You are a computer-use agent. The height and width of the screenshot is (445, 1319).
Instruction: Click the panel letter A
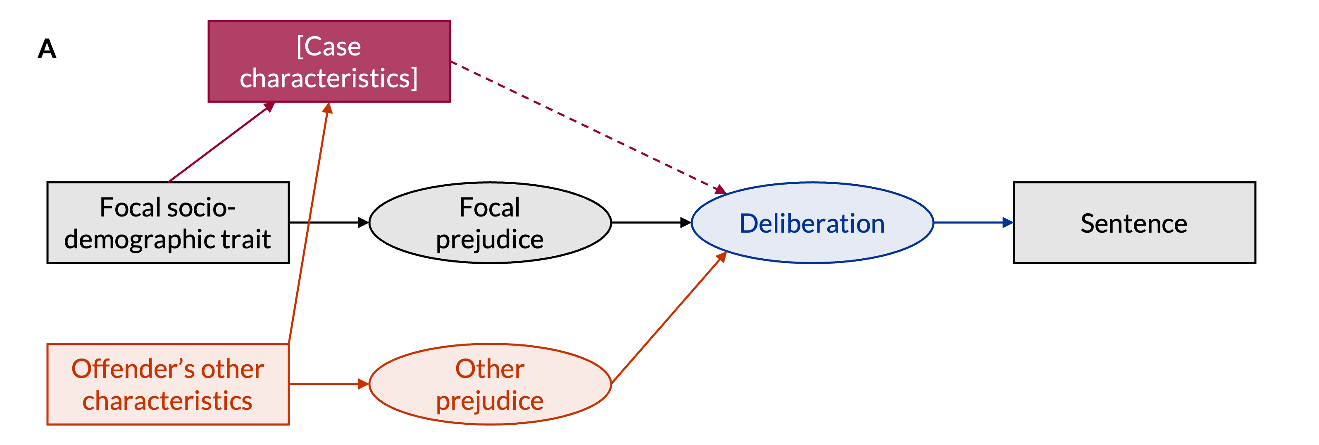[47, 49]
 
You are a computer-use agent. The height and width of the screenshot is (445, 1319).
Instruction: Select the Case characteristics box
[329, 62]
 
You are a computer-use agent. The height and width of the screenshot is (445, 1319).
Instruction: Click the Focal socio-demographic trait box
[168, 223]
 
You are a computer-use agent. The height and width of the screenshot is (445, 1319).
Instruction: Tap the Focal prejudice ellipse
[490, 223]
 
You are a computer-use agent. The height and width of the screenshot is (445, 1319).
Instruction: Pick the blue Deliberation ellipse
[812, 223]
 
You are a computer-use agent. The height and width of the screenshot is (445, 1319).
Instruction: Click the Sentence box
[1134, 223]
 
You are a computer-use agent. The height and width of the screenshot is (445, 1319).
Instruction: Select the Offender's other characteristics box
[168, 384]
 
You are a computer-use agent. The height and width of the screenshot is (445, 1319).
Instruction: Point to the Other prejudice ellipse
[490, 384]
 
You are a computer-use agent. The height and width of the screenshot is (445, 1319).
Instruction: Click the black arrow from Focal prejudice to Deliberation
[650, 223]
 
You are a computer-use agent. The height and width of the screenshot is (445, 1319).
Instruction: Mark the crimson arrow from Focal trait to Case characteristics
[220, 142]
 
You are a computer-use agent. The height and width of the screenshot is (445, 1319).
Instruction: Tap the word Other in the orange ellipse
[490, 369]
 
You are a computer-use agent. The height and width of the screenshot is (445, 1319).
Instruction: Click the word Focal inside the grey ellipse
[490, 208]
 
